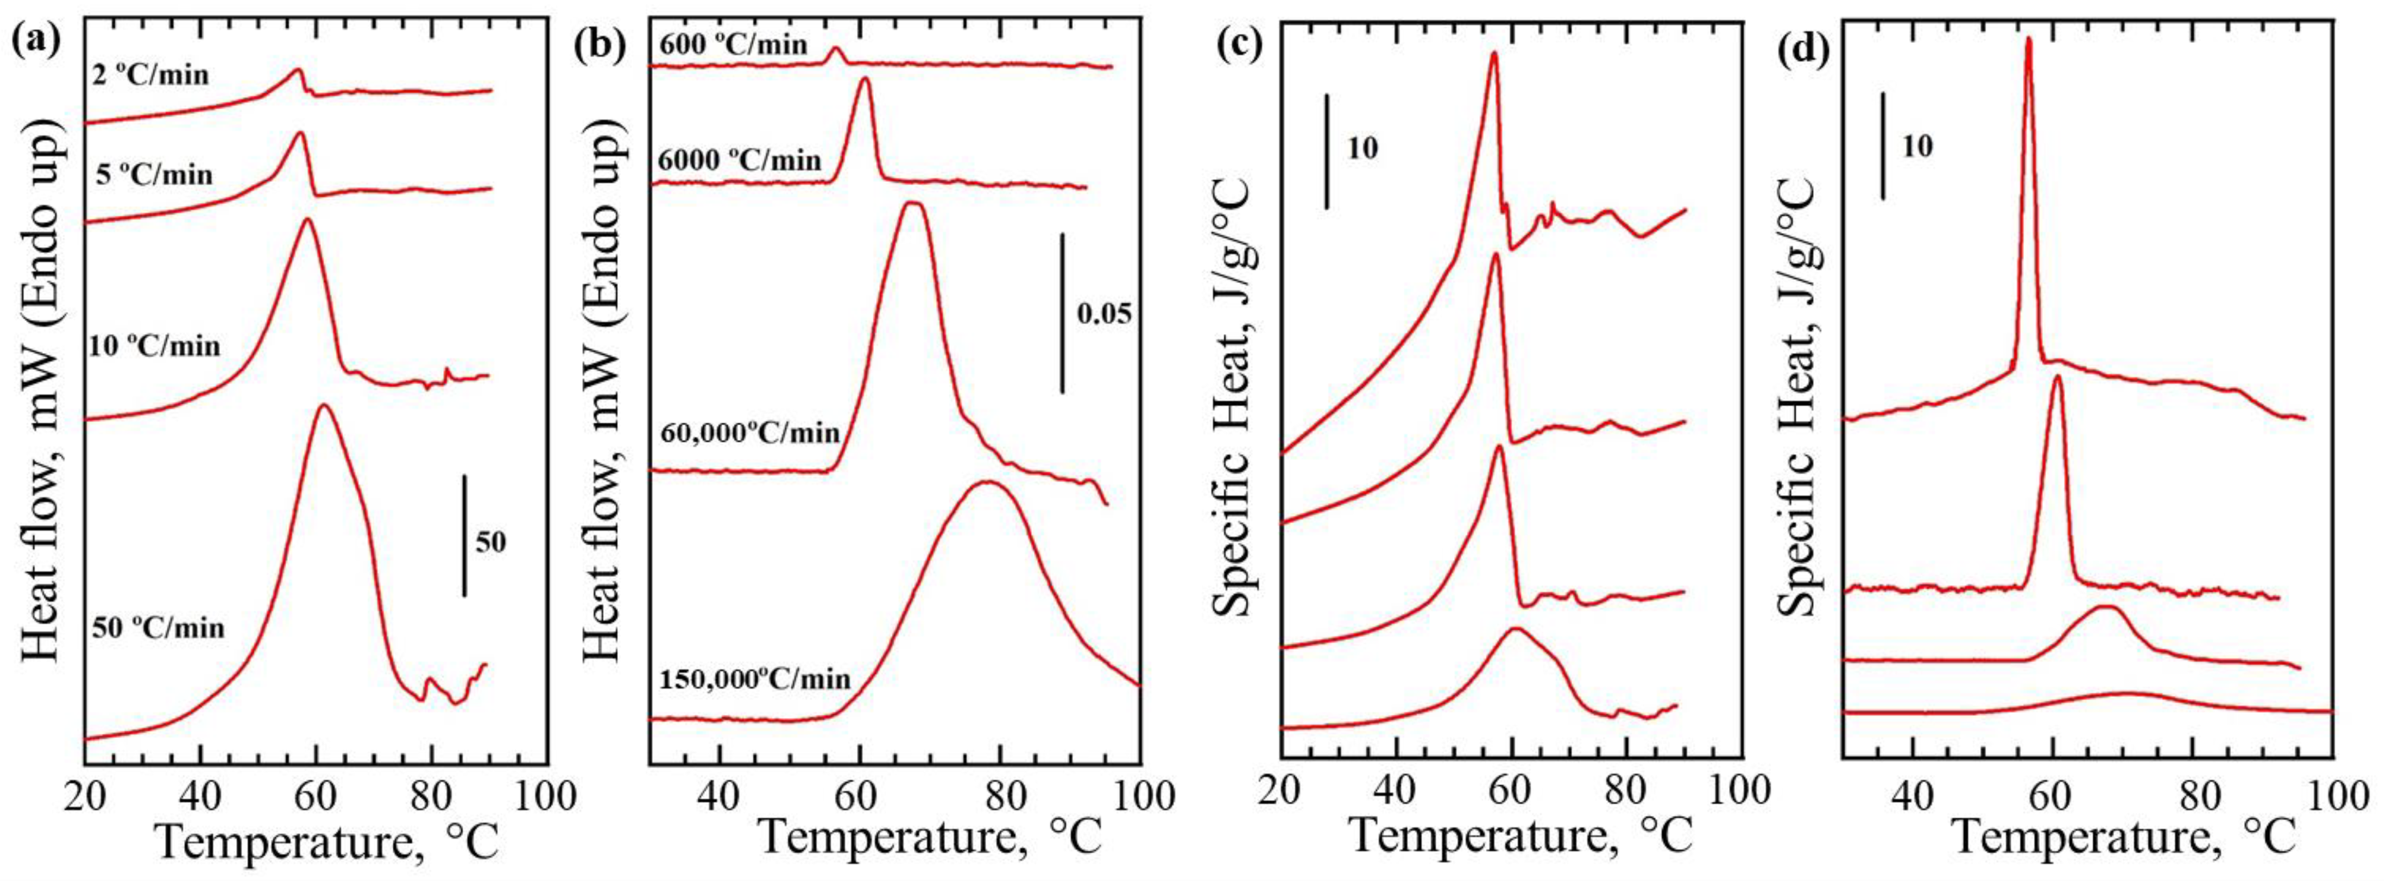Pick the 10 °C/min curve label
coord(155,346)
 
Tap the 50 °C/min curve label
coord(158,628)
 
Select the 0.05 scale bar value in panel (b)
coord(1104,314)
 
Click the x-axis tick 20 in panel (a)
coord(86,796)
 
